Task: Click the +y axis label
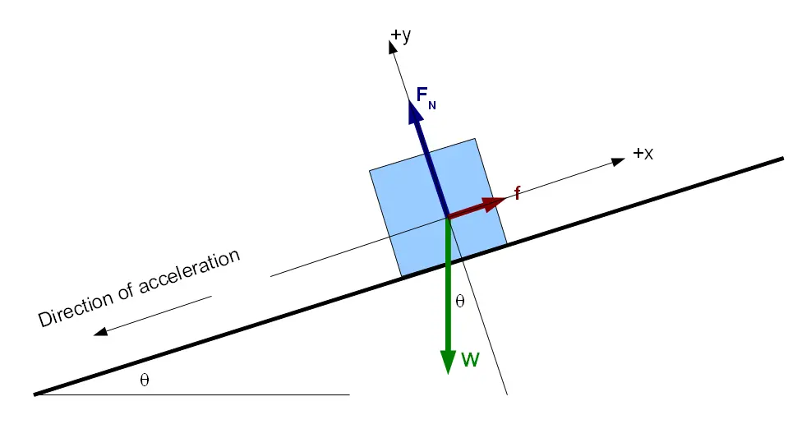tap(402, 35)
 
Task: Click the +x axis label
tap(643, 154)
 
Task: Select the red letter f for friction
tap(517, 194)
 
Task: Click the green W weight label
tap(470, 359)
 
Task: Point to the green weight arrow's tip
tap(448, 371)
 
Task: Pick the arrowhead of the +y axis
tap(392, 46)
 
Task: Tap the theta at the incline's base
tap(145, 381)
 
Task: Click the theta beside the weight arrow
tap(459, 302)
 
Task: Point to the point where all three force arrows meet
tap(448, 217)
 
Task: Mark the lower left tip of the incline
tap(35, 394)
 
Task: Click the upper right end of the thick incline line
tap(782, 158)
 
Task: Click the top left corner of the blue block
tap(370, 171)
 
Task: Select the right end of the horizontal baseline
tap(349, 395)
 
